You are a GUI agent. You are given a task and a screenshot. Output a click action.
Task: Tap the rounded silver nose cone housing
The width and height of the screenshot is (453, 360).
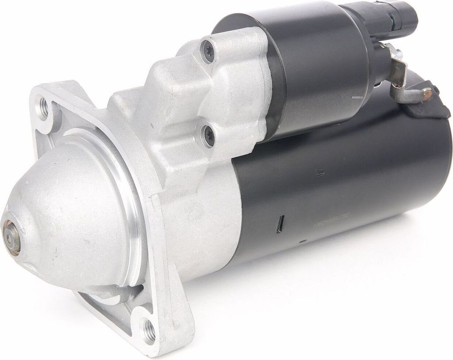click(66, 212)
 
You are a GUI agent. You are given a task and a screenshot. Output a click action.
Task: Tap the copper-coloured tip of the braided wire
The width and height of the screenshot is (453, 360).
click(428, 93)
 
